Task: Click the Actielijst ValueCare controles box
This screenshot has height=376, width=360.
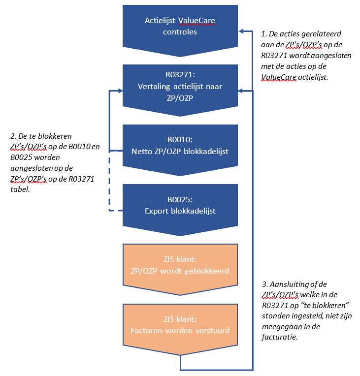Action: click(x=180, y=27)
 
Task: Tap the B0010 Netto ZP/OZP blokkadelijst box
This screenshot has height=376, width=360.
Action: click(x=180, y=146)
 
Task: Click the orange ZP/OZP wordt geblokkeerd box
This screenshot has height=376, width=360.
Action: click(x=180, y=266)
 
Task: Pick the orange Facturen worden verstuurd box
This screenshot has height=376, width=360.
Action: click(x=180, y=325)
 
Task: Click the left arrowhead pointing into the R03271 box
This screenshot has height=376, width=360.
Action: click(x=120, y=91)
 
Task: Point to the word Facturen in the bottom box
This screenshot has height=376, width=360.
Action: click(x=146, y=330)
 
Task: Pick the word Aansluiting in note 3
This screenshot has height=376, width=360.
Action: click(x=287, y=284)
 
